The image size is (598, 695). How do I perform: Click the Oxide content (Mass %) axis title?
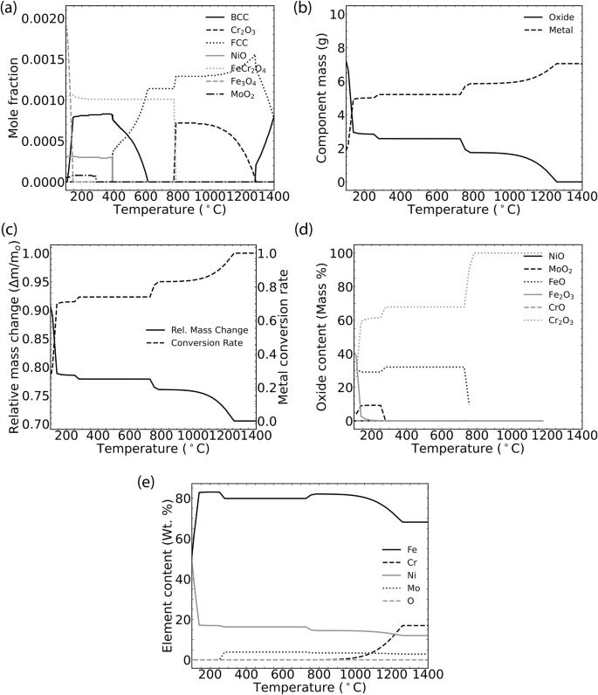[x=307, y=336]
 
